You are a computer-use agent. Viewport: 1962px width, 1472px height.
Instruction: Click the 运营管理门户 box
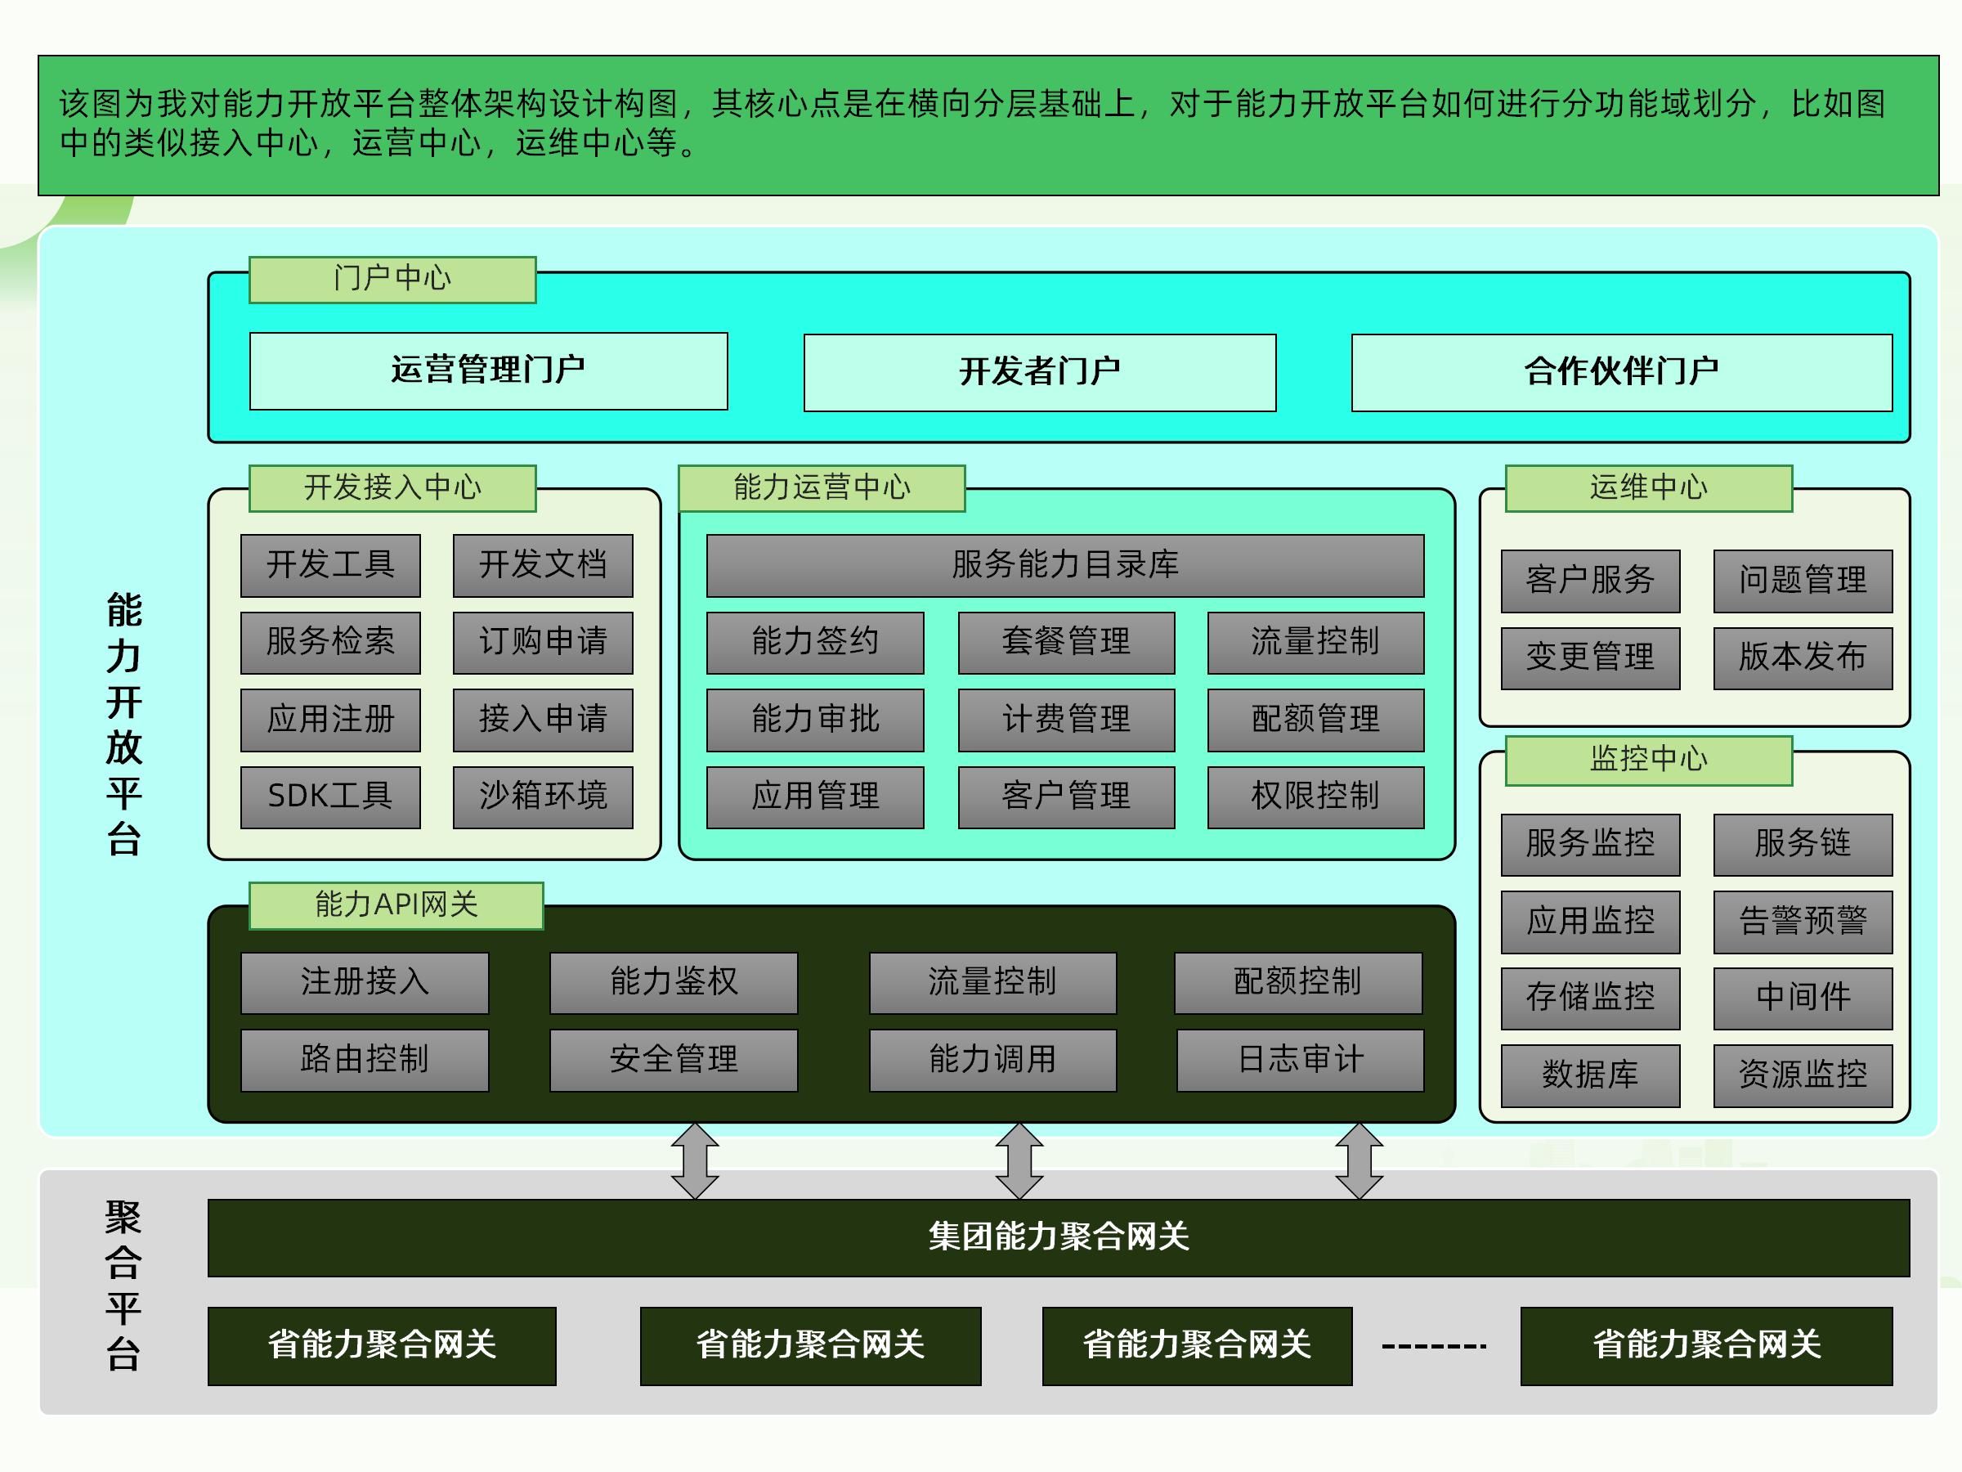coord(488,371)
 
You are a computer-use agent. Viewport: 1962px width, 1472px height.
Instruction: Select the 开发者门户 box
coord(1040,373)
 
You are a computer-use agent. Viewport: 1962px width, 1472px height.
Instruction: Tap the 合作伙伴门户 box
coord(1621,373)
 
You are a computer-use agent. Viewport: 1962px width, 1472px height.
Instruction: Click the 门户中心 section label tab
coord(392,280)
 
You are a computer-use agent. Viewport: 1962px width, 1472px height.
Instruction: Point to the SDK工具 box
coord(330,797)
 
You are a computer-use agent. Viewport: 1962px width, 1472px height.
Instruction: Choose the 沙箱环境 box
coord(543,797)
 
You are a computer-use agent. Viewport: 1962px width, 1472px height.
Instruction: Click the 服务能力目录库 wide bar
coord(1065,565)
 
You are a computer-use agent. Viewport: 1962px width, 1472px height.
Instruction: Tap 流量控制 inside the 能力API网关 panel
coord(992,983)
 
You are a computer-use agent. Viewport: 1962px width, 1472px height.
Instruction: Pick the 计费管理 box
coord(1066,720)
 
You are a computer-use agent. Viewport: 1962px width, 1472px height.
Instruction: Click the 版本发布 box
coord(1803,658)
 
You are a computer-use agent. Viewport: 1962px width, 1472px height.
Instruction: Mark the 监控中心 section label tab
coord(1648,761)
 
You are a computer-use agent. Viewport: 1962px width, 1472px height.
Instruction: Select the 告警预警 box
coord(1803,922)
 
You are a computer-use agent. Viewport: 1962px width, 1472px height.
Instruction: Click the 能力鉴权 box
coord(674,983)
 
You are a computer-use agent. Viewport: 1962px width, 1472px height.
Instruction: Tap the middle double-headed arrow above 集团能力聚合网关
coord(1019,1160)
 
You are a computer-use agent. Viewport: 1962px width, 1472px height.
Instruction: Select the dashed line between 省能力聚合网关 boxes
coord(1434,1346)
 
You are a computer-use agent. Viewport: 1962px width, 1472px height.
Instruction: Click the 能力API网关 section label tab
coord(396,905)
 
